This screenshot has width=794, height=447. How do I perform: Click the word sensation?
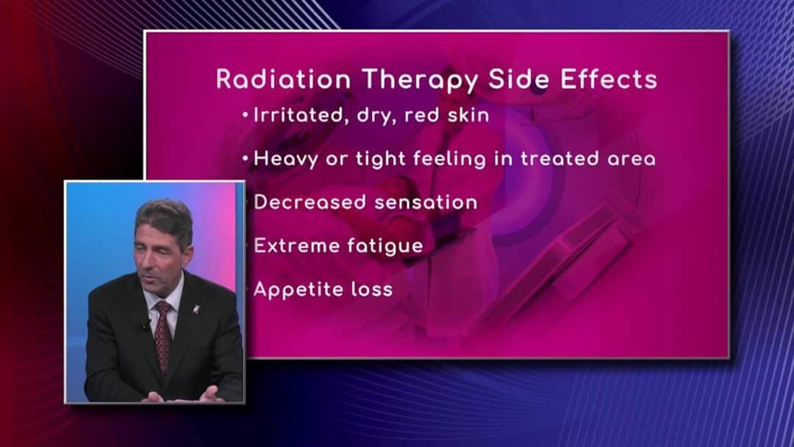pyautogui.click(x=426, y=202)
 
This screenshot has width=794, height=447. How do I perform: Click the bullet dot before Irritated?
pyautogui.click(x=246, y=116)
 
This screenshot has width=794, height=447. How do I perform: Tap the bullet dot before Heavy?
pyautogui.click(x=246, y=159)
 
